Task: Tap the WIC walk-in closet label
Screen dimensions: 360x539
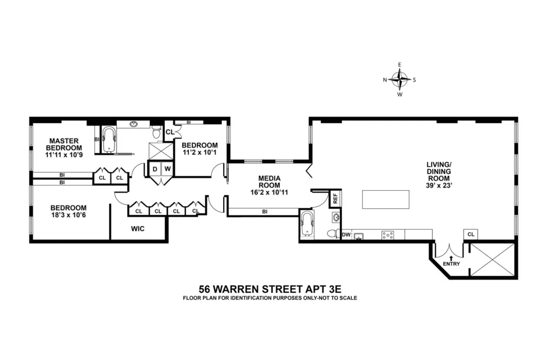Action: pos(138,228)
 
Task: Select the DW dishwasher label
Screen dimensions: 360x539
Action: pos(346,235)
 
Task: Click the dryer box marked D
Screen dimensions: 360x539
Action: pos(154,170)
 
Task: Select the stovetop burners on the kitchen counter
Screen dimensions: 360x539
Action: pos(388,235)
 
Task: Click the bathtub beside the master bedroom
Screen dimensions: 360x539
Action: pos(109,140)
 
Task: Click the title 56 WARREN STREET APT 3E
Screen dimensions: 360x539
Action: pos(269,288)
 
